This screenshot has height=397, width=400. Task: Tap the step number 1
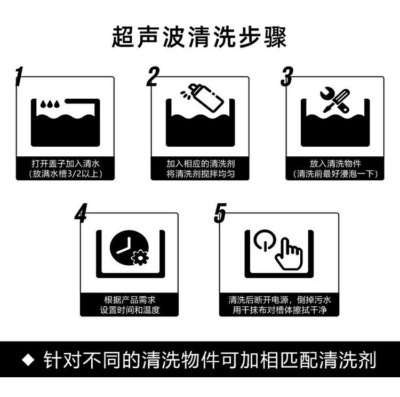[x=19, y=76]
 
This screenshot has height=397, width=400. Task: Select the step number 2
[x=153, y=76]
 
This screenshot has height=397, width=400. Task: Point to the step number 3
[x=287, y=76]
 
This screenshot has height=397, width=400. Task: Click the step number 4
[x=81, y=213]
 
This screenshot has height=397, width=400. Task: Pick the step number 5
[x=220, y=213]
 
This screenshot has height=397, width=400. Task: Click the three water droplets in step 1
[x=50, y=104]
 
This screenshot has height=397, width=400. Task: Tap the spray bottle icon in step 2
[x=203, y=98]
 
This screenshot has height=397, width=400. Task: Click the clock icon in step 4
[x=129, y=248]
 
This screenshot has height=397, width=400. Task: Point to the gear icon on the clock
[x=140, y=258]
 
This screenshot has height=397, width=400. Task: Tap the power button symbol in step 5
[x=265, y=240]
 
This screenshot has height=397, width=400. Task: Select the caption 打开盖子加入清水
[x=66, y=163]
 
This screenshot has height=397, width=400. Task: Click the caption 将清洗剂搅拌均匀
[x=201, y=174]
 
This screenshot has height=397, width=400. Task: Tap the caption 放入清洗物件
[x=335, y=163]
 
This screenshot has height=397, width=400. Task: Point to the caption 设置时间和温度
[x=130, y=310]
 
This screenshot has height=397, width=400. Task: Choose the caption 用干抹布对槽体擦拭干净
[x=279, y=310]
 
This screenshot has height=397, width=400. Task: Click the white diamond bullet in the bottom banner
[x=28, y=360]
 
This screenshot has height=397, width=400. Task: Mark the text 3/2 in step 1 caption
[x=74, y=174]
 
